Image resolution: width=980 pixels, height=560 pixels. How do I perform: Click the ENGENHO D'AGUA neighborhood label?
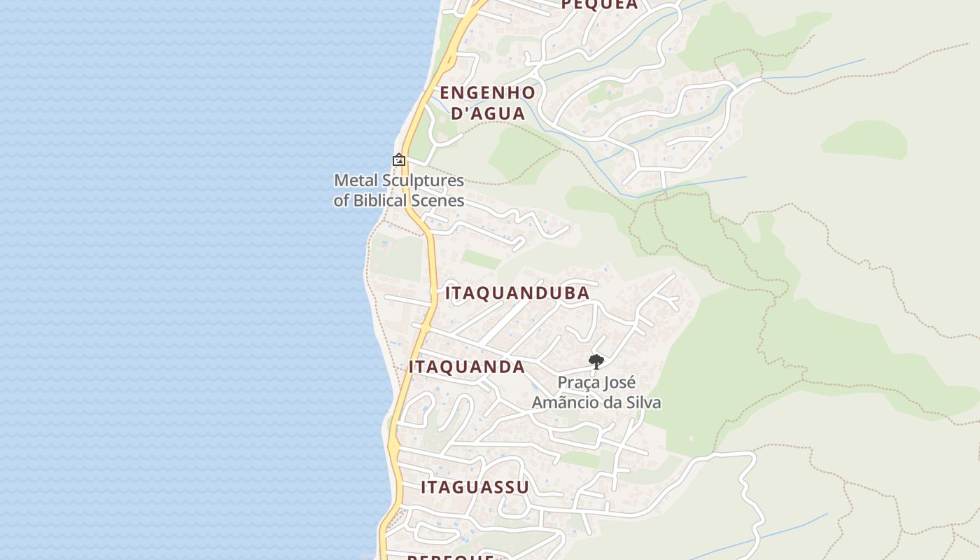pyautogui.click(x=487, y=103)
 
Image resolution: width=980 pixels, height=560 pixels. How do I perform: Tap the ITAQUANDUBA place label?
pyautogui.click(x=517, y=293)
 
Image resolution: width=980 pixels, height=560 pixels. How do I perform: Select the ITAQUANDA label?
pyautogui.click(x=467, y=367)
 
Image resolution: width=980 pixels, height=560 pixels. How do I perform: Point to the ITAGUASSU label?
pyautogui.click(x=475, y=487)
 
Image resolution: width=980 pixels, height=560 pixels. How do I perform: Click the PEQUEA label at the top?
pyautogui.click(x=600, y=5)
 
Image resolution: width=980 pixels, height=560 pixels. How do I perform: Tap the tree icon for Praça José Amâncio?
pyautogui.click(x=596, y=362)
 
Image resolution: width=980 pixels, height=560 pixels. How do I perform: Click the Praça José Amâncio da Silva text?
pyautogui.click(x=596, y=393)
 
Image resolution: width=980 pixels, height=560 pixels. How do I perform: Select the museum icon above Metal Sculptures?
pyautogui.click(x=399, y=160)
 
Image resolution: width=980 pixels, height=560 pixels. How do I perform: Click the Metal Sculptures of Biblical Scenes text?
pyautogui.click(x=399, y=190)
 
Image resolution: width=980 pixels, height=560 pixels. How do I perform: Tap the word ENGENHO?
pyautogui.click(x=487, y=92)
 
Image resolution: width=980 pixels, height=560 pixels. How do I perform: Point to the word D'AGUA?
pyautogui.click(x=488, y=113)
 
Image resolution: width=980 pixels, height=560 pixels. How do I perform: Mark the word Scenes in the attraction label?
pyautogui.click(x=442, y=201)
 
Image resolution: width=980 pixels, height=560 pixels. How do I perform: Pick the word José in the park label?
pyautogui.click(x=619, y=383)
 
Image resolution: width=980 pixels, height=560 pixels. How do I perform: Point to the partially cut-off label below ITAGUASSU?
pyautogui.click(x=451, y=556)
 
